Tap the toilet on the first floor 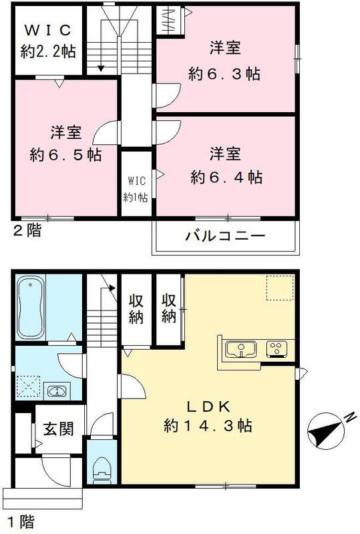tap(102, 463)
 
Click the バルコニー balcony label tap(225, 236)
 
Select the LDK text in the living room tap(207, 407)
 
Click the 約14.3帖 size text tap(207, 425)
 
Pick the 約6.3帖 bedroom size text tap(224, 74)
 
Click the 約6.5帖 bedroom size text tap(65, 154)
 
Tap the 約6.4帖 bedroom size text tap(226, 177)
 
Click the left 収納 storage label tap(136, 308)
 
